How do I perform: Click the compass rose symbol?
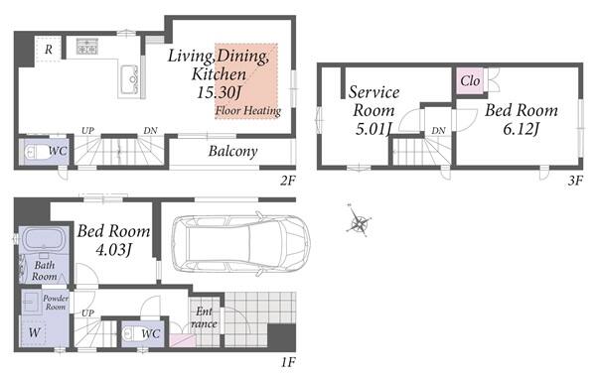coord(358,221)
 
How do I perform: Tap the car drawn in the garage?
coord(241,243)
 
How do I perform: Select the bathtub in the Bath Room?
coord(44,240)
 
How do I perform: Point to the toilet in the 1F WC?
coord(132,334)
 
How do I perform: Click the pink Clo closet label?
coord(470,80)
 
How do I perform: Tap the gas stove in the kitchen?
coord(87,46)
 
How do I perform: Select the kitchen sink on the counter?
coord(129,79)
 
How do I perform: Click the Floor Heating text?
coord(248,110)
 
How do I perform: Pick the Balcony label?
coord(233,151)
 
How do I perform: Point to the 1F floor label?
coord(288,362)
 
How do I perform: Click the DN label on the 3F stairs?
coord(438,131)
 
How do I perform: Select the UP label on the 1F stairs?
coord(87,313)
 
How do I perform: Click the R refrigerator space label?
coord(49,50)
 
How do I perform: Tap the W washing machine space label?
coord(34,332)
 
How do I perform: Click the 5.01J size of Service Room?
coord(373,129)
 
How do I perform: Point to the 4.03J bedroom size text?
coord(113,250)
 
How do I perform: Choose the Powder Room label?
coord(56,303)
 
